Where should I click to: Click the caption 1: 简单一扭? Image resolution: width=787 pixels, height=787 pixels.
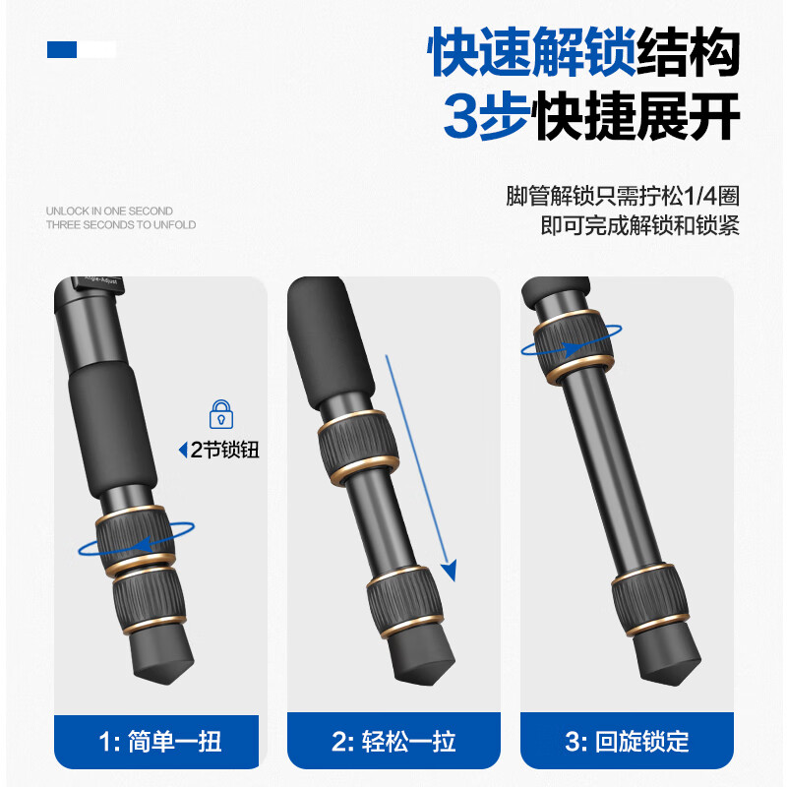(x=160, y=740)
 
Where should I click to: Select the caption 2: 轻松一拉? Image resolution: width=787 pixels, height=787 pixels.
(x=393, y=740)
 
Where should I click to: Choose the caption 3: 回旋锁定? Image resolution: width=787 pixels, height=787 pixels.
(x=628, y=740)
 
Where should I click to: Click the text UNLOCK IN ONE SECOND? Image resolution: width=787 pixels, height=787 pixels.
(x=109, y=211)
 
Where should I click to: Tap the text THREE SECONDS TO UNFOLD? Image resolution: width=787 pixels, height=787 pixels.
(x=121, y=225)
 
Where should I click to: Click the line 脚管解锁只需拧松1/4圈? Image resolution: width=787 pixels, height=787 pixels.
(x=623, y=196)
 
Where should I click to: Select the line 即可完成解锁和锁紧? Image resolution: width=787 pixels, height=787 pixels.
(x=640, y=226)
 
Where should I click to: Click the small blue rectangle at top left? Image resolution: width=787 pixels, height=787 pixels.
(x=62, y=49)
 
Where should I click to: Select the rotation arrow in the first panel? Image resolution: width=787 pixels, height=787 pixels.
(x=138, y=541)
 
